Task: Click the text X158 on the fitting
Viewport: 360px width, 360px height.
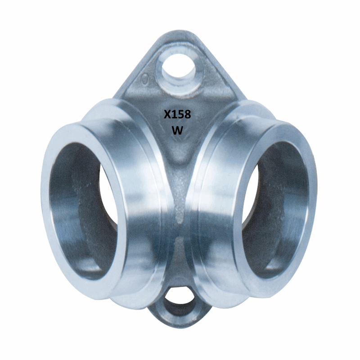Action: coord(177,114)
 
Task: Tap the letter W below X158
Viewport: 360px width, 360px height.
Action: coord(177,130)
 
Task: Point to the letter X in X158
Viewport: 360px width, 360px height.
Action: coord(167,114)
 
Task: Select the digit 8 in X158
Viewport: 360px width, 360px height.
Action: coord(187,114)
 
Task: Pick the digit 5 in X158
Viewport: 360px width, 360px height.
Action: coord(181,114)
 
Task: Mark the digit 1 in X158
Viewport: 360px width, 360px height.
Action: coord(174,114)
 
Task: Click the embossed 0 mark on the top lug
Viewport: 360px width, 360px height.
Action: coord(144,79)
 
